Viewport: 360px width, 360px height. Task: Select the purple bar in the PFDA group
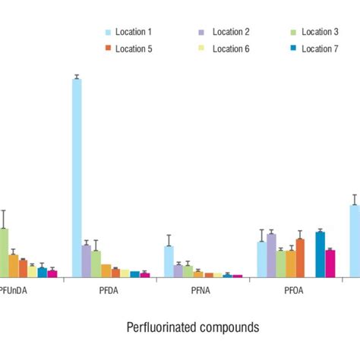(87, 261)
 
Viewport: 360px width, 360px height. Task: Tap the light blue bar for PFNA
(169, 261)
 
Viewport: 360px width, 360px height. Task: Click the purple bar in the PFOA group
(271, 255)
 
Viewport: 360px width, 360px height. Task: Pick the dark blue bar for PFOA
(320, 254)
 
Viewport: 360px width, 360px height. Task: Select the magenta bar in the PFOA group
(330, 263)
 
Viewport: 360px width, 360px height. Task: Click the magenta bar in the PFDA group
(145, 274)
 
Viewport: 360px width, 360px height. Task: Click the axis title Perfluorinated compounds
(192, 327)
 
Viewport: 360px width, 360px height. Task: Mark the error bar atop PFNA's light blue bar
(169, 240)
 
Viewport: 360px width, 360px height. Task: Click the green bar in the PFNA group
(188, 270)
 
